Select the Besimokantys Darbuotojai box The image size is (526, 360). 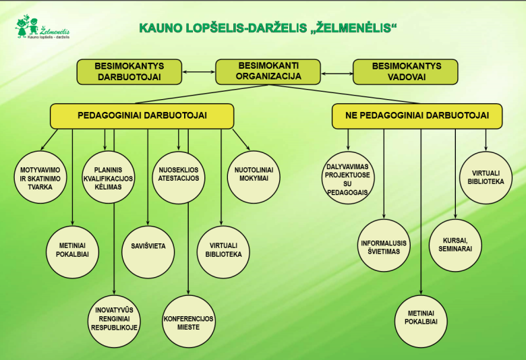(129, 71)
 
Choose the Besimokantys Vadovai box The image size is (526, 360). (405, 71)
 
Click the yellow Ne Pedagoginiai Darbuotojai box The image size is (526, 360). (417, 116)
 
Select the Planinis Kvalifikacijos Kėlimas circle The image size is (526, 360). (109, 178)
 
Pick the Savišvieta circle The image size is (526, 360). (148, 246)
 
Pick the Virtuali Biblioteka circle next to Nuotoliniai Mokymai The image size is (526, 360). (223, 249)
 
